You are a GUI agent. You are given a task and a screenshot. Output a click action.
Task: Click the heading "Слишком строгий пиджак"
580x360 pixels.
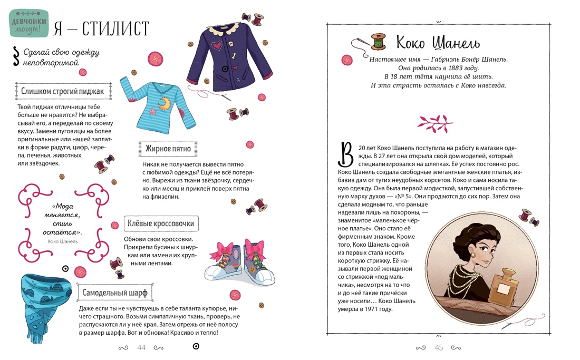point(63,91)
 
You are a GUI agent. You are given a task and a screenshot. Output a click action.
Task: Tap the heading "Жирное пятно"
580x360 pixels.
point(168,149)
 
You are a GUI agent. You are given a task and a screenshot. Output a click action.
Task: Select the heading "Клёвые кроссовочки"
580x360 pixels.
point(161,223)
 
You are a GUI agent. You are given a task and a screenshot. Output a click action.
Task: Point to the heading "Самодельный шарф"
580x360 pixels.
point(115,293)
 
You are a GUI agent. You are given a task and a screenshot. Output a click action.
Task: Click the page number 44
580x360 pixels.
point(141,347)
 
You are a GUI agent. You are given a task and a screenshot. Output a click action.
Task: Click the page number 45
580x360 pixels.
point(439,347)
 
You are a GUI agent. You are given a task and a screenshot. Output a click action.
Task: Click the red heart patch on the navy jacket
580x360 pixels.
point(217,46)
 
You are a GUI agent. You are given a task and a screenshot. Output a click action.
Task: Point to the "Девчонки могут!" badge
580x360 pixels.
point(29,24)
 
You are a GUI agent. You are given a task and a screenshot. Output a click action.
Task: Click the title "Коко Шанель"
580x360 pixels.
point(438,42)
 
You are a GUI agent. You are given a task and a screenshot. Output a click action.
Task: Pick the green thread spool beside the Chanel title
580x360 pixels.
point(378,41)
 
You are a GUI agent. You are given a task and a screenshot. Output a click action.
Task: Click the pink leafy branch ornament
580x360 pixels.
point(435,123)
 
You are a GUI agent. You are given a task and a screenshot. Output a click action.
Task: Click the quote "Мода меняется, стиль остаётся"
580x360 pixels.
point(62,219)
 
